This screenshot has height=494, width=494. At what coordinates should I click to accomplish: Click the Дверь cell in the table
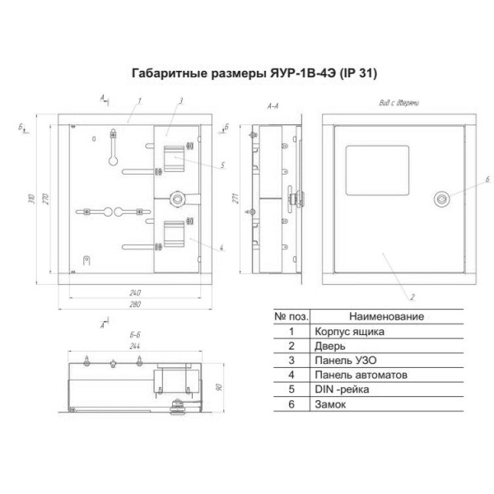click(x=324, y=346)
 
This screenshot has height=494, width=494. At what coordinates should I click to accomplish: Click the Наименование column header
click(x=386, y=316)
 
